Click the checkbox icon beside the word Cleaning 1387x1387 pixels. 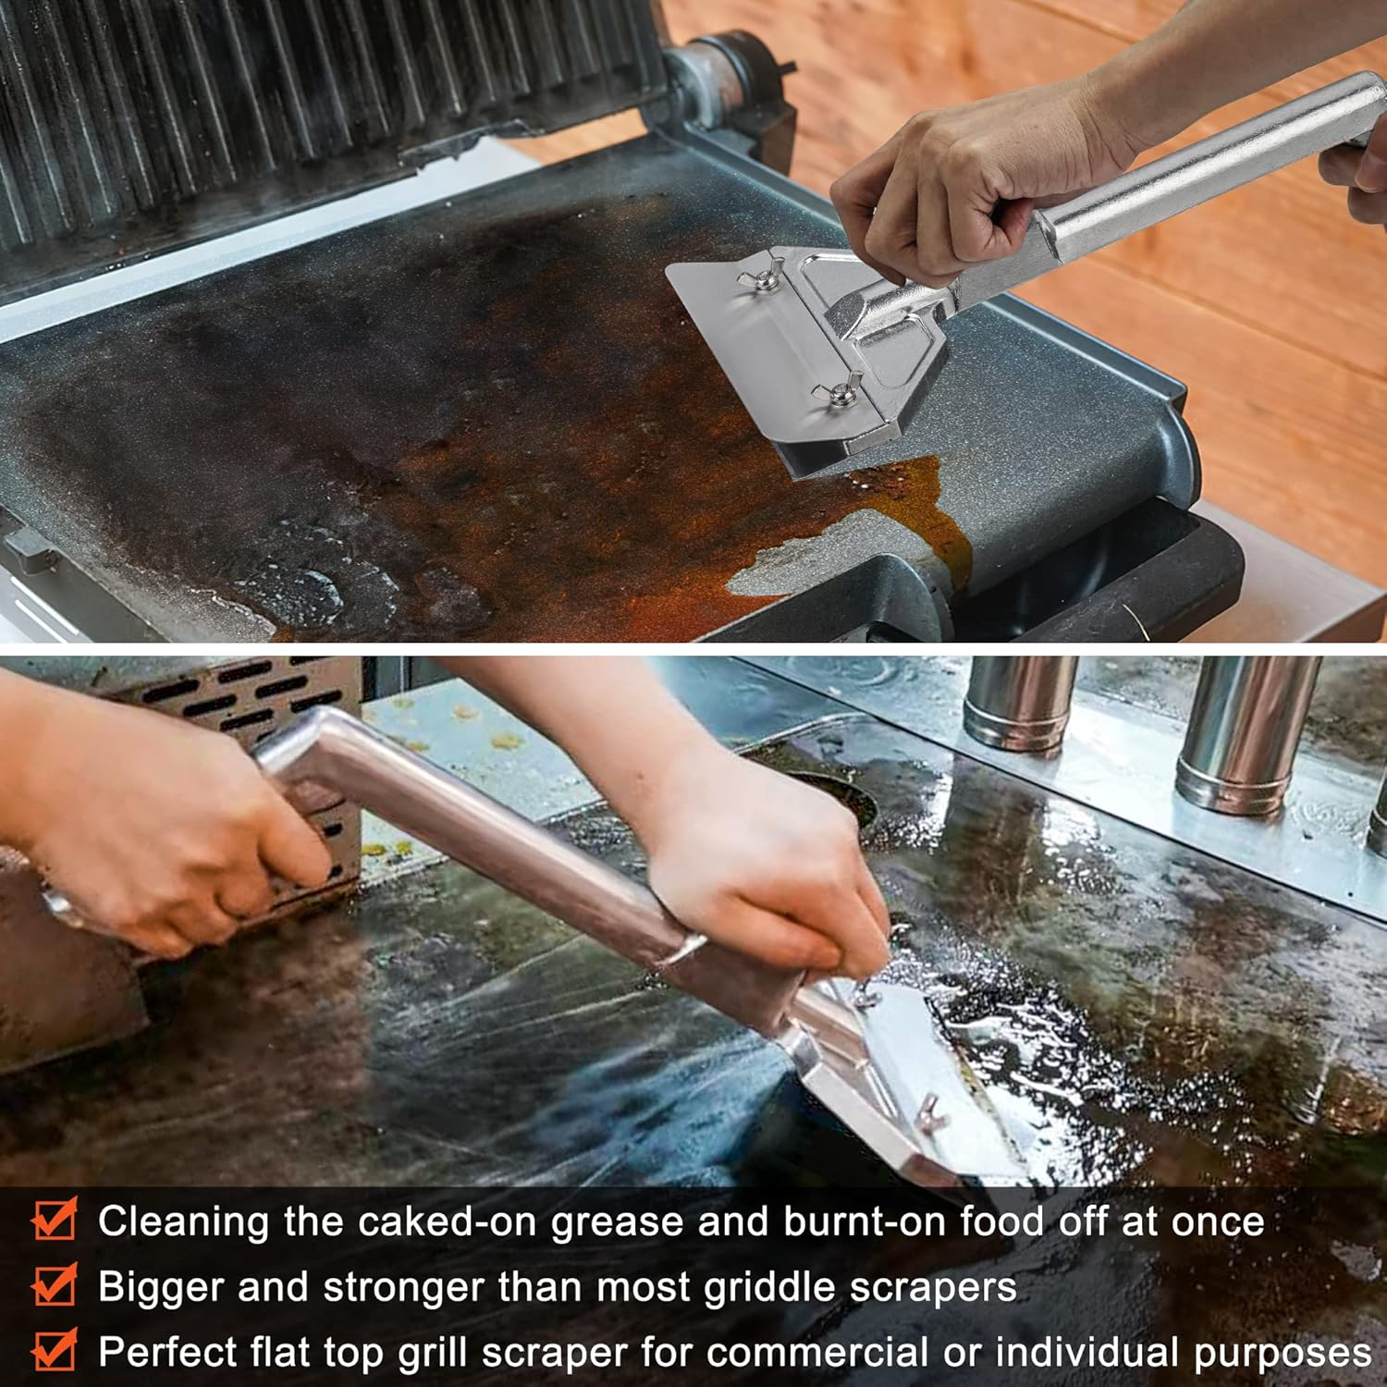tap(54, 1221)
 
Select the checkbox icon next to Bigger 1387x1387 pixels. tap(54, 1286)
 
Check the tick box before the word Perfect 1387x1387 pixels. tap(54, 1352)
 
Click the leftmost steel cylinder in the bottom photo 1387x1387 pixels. tap(1020, 703)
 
